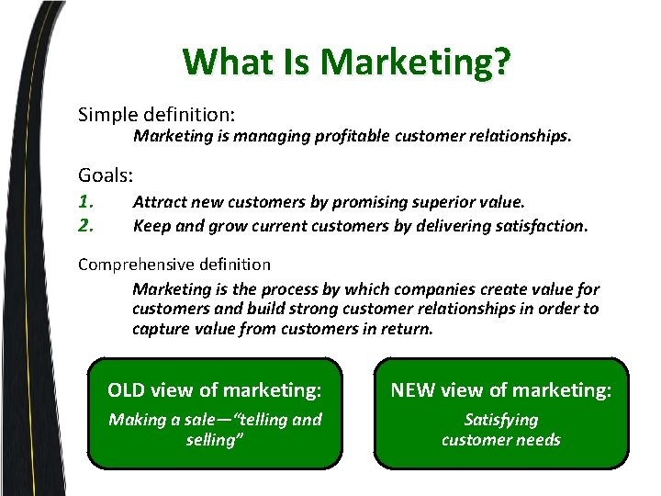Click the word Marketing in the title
tap(404, 62)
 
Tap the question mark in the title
tap(501, 62)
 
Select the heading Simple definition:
tap(157, 115)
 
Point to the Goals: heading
tap(106, 175)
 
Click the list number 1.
tap(86, 201)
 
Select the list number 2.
tap(86, 224)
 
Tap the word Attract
tap(158, 201)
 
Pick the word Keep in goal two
tap(150, 225)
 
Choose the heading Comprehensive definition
tap(174, 265)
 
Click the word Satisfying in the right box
tap(501, 420)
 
